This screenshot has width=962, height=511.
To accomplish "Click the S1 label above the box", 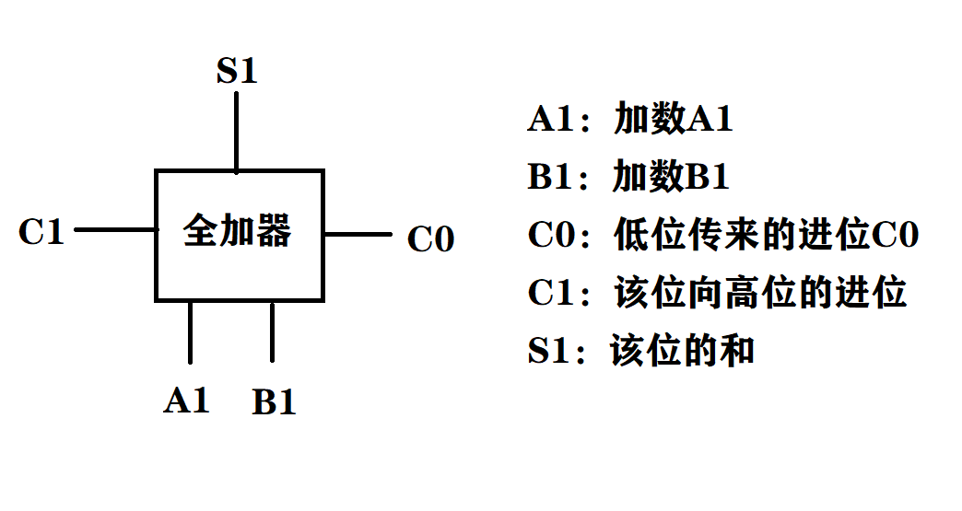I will click(x=237, y=72).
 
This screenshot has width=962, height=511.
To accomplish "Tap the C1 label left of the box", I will click(x=41, y=232).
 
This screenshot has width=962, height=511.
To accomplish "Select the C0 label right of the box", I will click(x=431, y=239).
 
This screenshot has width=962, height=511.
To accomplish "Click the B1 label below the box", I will click(x=274, y=402).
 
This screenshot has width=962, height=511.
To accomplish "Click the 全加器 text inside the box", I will click(x=238, y=230).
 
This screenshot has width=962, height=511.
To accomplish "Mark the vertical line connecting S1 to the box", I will click(x=237, y=132).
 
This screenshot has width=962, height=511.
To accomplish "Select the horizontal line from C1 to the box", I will click(x=115, y=229).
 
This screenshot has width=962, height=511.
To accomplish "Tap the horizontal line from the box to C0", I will click(x=358, y=235).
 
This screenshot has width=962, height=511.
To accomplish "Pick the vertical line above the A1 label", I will click(x=190, y=331).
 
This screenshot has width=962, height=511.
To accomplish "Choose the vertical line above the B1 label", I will click(x=272, y=331).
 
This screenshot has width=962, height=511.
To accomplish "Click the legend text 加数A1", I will click(x=674, y=120).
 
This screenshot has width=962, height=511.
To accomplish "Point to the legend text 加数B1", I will click(x=672, y=177).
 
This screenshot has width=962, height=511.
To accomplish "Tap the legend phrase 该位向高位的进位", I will click(x=760, y=293).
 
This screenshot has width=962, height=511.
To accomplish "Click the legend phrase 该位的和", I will click(x=683, y=351).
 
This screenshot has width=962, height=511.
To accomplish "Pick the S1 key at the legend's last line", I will click(x=550, y=351).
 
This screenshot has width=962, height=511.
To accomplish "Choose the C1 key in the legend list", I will click(x=551, y=293).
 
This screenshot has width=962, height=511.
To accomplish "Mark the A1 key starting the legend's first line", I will click(x=551, y=120).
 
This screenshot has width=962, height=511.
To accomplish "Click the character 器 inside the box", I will click(x=273, y=230).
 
